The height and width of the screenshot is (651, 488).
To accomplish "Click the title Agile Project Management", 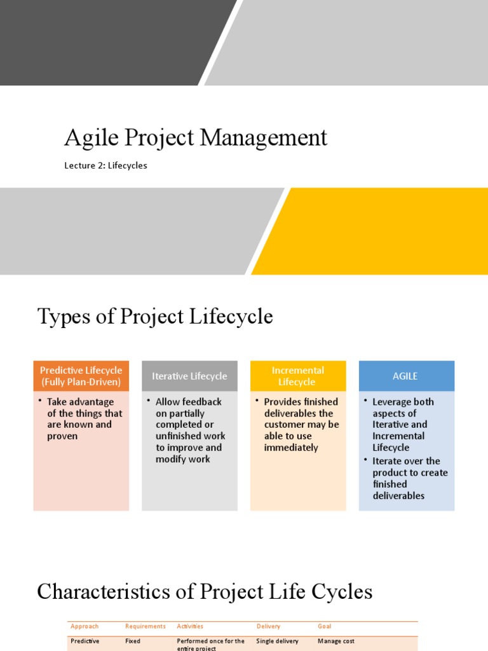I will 196,138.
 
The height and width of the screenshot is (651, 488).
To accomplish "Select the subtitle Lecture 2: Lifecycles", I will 105,165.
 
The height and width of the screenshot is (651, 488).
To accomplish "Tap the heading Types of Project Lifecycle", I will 155,316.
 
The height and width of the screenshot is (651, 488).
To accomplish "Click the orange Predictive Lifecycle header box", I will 81,376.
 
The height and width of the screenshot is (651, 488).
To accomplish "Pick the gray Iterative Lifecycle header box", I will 189,376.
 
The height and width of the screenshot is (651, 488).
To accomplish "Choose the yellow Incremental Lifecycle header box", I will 297,376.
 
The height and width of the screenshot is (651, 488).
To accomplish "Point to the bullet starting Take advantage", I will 84,419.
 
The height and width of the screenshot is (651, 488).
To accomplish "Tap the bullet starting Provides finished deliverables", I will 301,425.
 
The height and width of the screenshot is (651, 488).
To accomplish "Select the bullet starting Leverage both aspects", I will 403,425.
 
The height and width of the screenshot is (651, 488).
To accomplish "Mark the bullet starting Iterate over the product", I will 409,478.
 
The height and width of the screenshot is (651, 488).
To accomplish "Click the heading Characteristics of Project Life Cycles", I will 205,592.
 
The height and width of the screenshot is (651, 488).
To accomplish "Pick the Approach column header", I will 85,626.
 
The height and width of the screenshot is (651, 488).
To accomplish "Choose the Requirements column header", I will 146,626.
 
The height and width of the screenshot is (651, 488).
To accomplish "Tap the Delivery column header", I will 268,626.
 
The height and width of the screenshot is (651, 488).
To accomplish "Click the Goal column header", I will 325,626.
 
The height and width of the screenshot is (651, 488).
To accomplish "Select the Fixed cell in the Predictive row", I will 133,641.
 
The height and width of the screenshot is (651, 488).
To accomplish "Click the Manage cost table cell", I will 336,641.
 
